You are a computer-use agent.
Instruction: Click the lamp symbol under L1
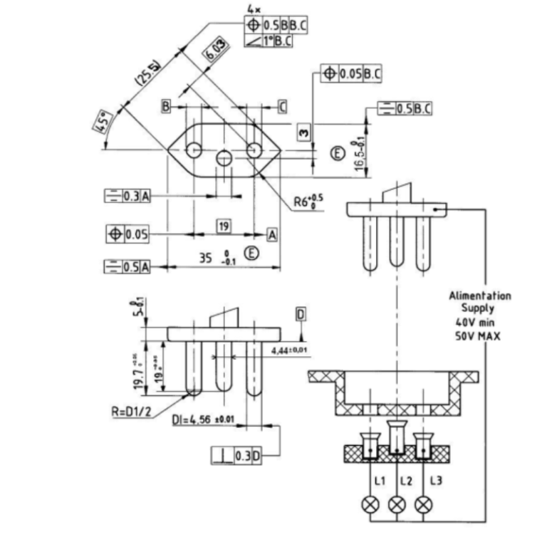click(x=370, y=504)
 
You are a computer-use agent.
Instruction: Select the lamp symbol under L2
click(x=397, y=504)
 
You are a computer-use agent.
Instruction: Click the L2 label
click(x=406, y=481)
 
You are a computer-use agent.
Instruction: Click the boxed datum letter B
click(x=165, y=107)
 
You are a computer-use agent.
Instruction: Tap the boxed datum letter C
click(x=282, y=107)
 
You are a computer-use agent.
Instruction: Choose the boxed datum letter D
click(x=301, y=314)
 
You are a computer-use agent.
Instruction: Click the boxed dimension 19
click(x=224, y=226)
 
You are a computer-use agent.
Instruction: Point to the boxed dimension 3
click(x=304, y=132)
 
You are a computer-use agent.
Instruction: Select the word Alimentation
click(x=479, y=295)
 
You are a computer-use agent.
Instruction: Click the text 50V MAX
click(x=478, y=334)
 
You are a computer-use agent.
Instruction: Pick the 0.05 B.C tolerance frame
click(x=352, y=73)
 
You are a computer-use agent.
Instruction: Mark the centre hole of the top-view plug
click(x=224, y=158)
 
